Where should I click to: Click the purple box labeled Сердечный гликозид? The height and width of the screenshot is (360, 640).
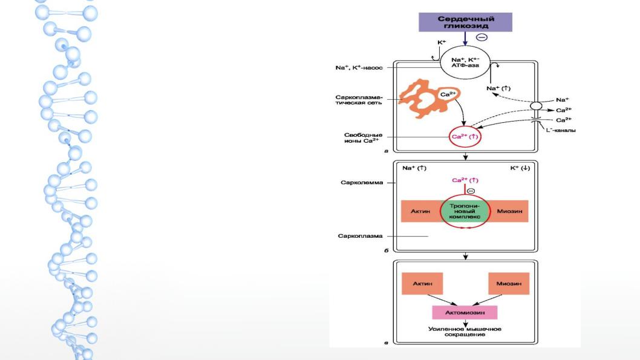point(465,22)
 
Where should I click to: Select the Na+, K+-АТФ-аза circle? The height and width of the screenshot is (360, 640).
point(465,63)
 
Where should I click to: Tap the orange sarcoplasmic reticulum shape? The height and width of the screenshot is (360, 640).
point(425,99)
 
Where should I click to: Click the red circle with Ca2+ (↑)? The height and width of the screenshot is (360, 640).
point(465,137)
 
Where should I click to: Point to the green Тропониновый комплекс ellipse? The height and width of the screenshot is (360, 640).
point(465,211)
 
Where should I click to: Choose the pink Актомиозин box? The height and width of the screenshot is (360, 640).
point(465,313)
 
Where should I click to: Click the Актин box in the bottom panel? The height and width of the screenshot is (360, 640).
point(422,284)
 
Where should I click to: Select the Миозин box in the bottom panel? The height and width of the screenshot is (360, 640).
point(509,284)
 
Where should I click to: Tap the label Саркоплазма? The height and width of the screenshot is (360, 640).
point(360,236)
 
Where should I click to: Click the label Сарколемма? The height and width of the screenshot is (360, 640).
point(362,183)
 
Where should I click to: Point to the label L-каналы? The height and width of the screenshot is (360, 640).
point(560,130)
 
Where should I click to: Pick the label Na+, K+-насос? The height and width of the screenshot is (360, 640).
point(359,68)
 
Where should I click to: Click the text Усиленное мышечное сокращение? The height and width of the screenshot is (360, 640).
point(465,332)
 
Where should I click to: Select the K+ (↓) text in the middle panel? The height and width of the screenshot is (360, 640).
point(520,168)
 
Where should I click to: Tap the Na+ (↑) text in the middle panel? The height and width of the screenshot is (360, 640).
point(414,168)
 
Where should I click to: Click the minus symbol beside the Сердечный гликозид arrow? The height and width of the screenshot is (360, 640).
point(482,38)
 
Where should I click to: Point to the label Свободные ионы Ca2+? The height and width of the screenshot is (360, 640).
point(363,138)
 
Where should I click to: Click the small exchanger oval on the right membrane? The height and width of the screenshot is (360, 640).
point(536,106)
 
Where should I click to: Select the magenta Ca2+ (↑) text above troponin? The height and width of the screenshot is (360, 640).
point(465,180)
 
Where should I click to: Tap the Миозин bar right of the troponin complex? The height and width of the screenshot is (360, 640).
point(509,211)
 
